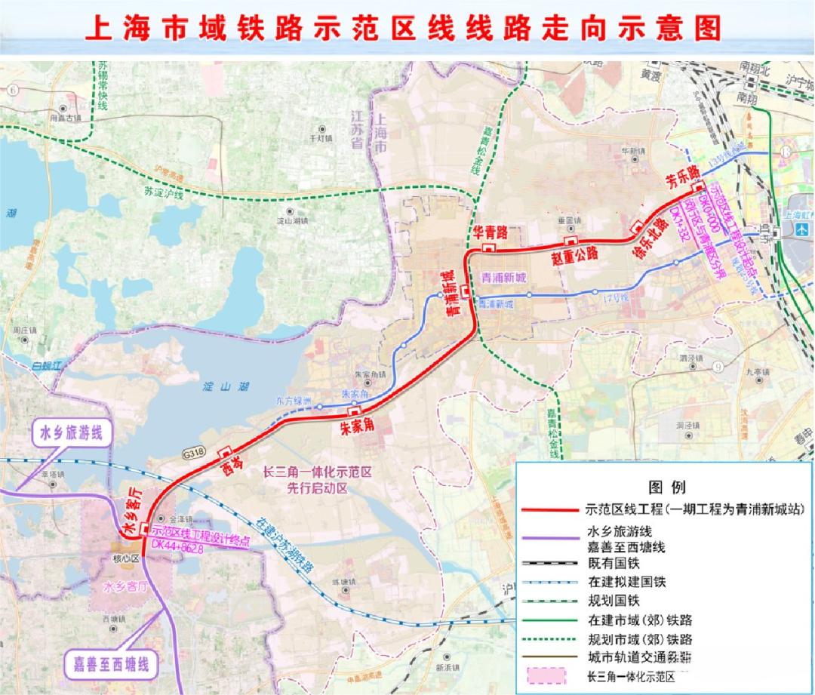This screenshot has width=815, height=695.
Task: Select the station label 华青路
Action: (491, 232)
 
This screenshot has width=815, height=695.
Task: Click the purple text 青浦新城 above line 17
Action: (504, 278)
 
